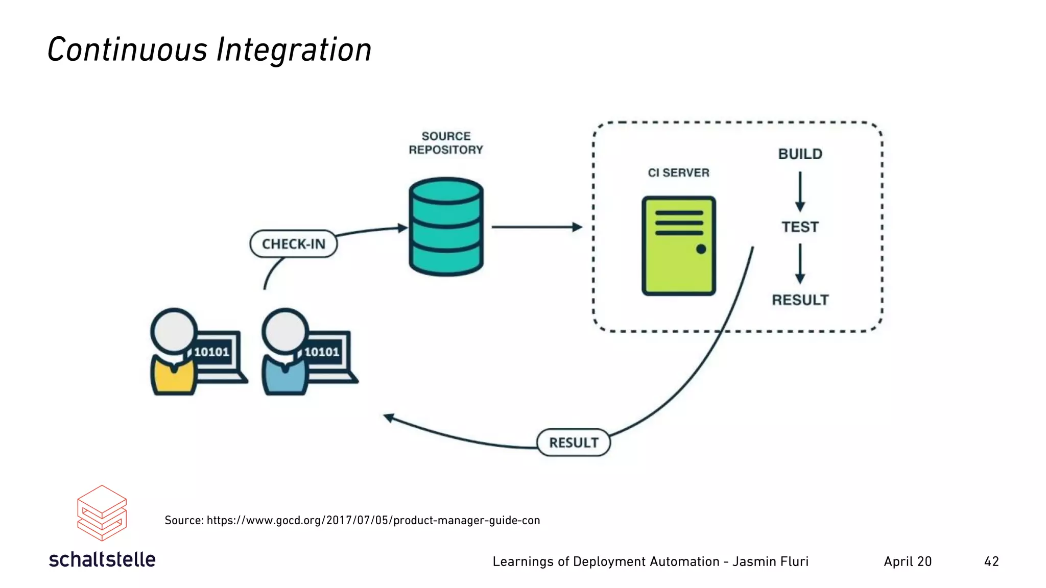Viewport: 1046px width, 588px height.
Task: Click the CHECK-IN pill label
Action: pyautogui.click(x=294, y=244)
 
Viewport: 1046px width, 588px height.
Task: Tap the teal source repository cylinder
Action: pyautogui.click(x=446, y=227)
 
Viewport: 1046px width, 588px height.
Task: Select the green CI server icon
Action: pyautogui.click(x=678, y=246)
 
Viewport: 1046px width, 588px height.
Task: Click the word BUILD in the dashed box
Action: pyautogui.click(x=800, y=154)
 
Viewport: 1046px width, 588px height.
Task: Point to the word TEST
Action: pyautogui.click(x=800, y=227)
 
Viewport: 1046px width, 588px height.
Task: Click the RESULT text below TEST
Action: pyautogui.click(x=800, y=300)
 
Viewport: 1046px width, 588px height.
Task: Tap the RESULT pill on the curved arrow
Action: pyautogui.click(x=574, y=443)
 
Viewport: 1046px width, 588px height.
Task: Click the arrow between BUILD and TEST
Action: pyautogui.click(x=800, y=191)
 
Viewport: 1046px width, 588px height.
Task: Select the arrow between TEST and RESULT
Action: pyautogui.click(x=800, y=263)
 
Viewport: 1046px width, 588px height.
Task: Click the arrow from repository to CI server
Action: pyautogui.click(x=536, y=227)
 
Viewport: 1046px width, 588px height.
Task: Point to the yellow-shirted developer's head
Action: pyautogui.click(x=174, y=331)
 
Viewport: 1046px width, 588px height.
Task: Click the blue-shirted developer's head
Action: pyautogui.click(x=285, y=331)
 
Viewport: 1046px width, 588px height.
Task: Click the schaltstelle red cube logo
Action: pyautogui.click(x=102, y=513)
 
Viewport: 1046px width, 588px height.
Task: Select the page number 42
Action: pyautogui.click(x=991, y=561)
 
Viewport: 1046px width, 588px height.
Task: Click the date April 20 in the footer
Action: pyautogui.click(x=908, y=561)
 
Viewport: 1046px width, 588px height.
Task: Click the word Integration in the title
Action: pyautogui.click(x=294, y=50)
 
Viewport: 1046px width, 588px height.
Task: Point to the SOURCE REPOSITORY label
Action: pyautogui.click(x=446, y=143)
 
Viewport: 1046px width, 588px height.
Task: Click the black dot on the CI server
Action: pyautogui.click(x=701, y=249)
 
